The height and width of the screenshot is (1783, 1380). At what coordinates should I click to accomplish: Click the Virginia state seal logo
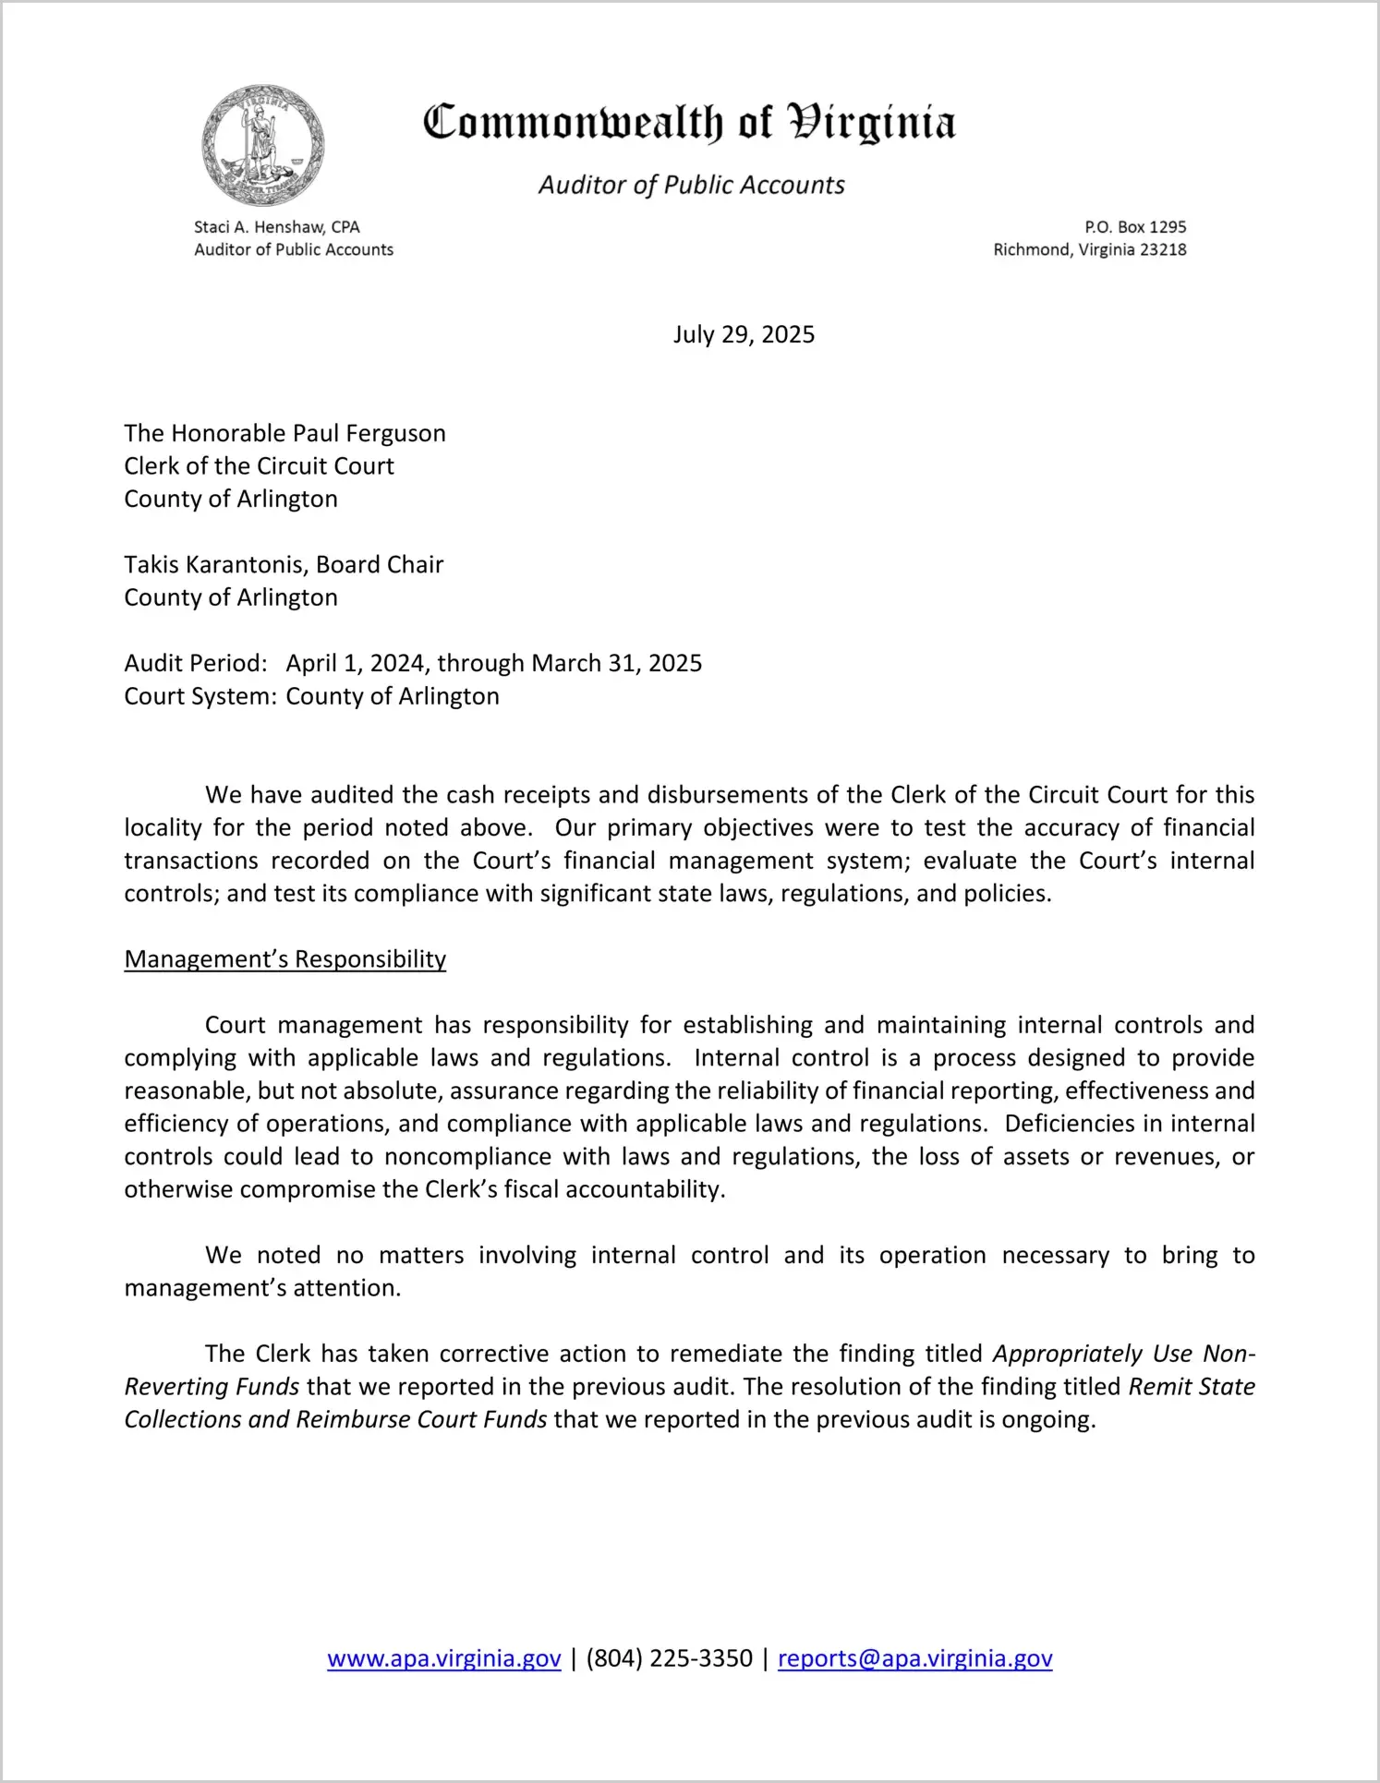263,145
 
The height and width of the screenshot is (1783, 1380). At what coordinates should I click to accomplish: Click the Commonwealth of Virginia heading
689,123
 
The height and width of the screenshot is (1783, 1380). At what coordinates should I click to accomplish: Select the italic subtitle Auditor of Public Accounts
691,186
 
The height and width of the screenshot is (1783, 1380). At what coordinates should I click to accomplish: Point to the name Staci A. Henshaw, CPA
276,227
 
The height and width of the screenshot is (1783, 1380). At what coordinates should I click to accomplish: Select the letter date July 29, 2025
744,334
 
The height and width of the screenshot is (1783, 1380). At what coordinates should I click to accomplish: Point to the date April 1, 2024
356,664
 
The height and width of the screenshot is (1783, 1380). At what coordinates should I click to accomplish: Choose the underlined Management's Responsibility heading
284,959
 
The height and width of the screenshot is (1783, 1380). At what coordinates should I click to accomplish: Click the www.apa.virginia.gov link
443,1658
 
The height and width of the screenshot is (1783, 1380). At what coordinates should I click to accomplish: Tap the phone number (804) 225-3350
669,1658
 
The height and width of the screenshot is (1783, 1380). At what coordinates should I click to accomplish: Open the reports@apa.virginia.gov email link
914,1658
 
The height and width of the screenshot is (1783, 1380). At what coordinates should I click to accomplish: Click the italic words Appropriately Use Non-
1123,1355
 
